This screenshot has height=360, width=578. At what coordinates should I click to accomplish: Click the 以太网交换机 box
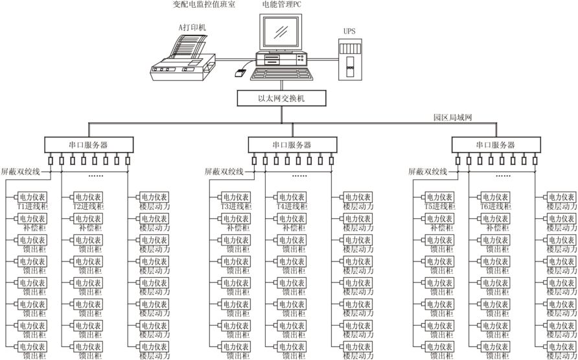tap(281, 98)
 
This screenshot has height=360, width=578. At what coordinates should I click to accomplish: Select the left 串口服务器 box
tap(89, 145)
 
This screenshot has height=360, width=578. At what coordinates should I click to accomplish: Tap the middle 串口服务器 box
tap(292, 145)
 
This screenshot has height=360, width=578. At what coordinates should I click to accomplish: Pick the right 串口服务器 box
tap(496, 145)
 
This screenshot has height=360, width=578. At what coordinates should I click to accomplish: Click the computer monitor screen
tap(282, 31)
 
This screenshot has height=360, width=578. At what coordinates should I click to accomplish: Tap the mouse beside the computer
tap(239, 73)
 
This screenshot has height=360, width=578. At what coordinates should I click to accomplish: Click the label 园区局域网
tap(453, 118)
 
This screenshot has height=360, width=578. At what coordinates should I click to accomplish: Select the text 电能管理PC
tap(282, 5)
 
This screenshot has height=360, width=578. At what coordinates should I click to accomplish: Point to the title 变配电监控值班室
tap(204, 5)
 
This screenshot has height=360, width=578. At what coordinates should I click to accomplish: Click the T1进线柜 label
tap(31, 206)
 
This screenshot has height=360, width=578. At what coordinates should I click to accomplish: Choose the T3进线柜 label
tap(235, 206)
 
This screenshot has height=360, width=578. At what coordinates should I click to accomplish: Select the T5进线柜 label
tap(439, 206)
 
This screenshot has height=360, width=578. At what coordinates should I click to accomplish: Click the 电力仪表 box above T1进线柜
tap(32, 197)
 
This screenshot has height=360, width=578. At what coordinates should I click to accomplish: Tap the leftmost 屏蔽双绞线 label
tap(20, 172)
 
